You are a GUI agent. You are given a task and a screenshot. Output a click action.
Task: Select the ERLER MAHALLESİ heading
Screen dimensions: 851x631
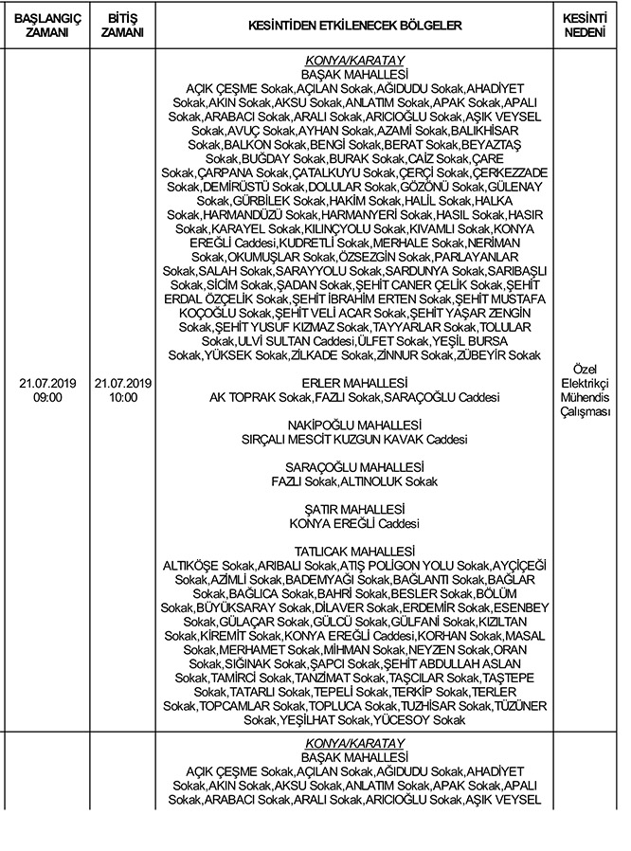click(353, 382)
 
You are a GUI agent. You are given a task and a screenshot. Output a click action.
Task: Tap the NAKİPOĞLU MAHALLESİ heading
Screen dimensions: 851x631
click(353, 425)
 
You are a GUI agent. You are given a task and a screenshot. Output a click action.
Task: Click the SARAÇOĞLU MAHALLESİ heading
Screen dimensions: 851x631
click(353, 467)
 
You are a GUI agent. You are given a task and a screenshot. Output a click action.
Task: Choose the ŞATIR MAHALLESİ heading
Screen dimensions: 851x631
click(353, 509)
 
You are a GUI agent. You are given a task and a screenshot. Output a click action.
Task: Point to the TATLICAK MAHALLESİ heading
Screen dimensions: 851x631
click(353, 552)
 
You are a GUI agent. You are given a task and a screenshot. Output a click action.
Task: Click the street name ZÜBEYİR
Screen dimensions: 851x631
click(492, 354)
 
